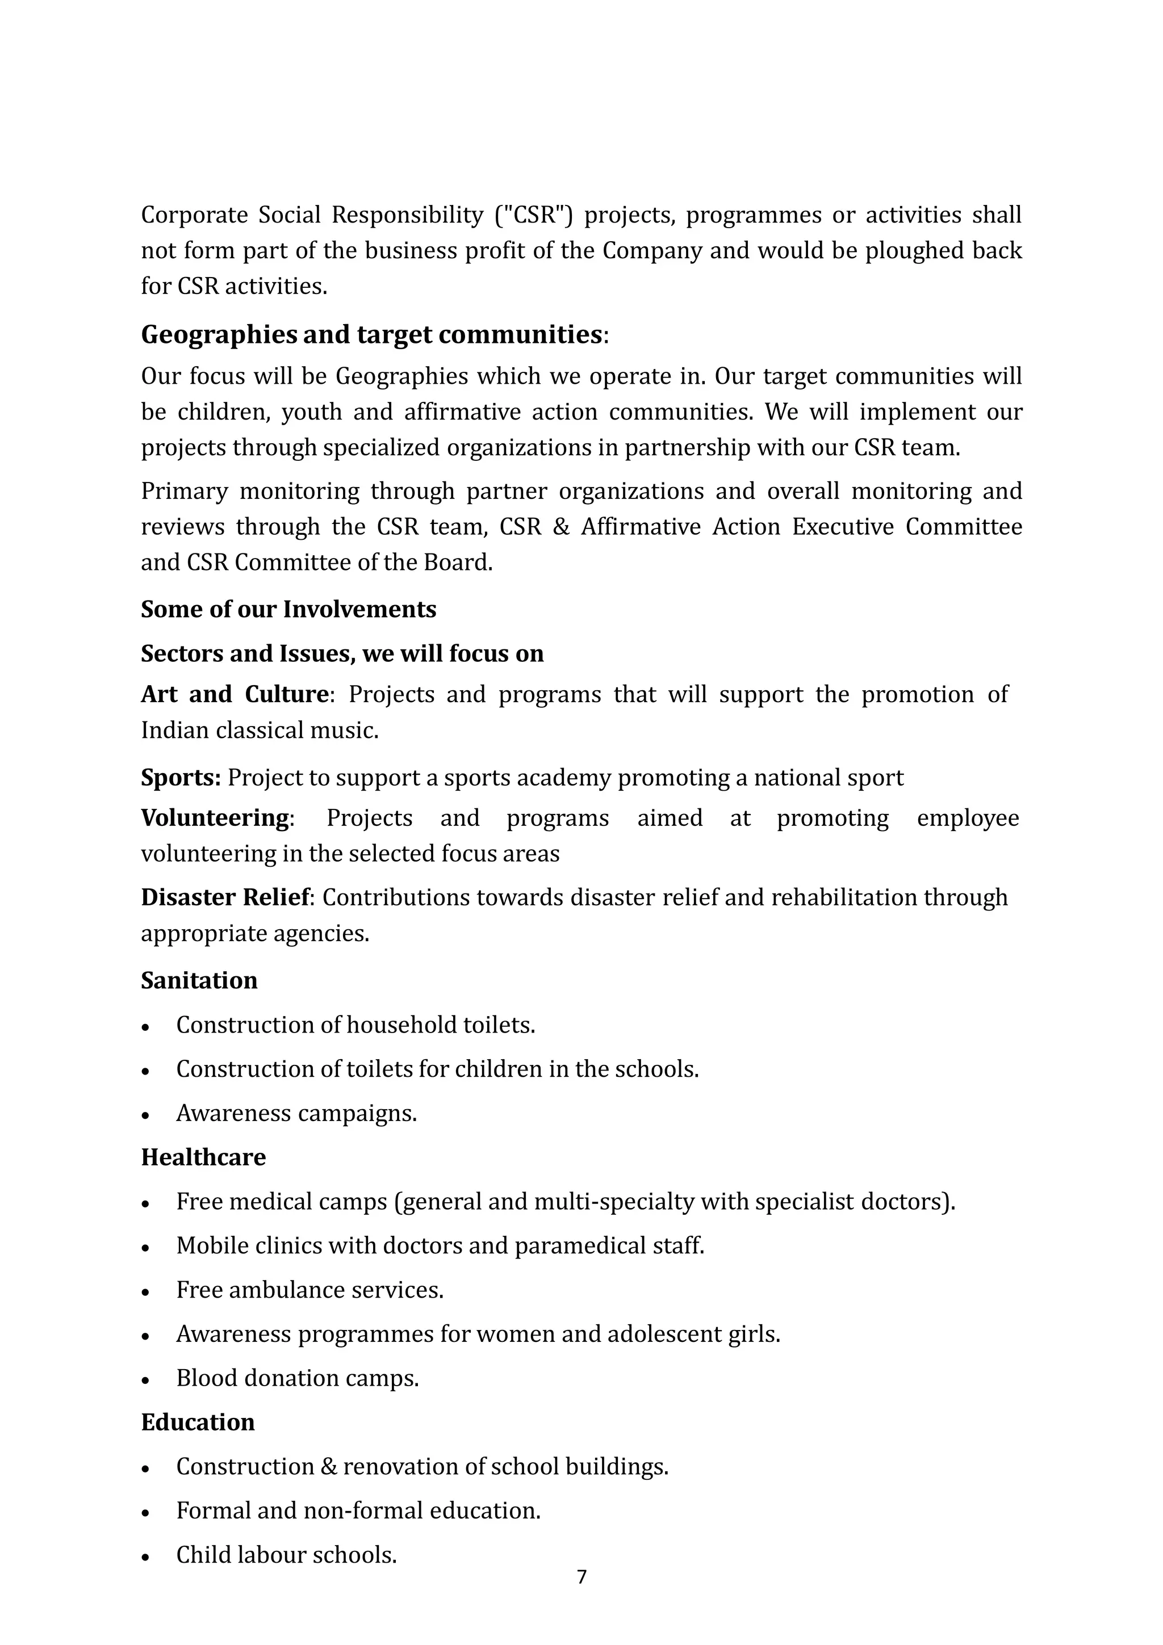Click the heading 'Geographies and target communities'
371,334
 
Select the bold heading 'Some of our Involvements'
288,609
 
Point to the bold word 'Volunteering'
214,817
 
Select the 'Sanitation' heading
199,980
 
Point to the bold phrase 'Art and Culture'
235,694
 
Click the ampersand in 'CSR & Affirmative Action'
561,527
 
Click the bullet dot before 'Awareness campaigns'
145,1115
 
